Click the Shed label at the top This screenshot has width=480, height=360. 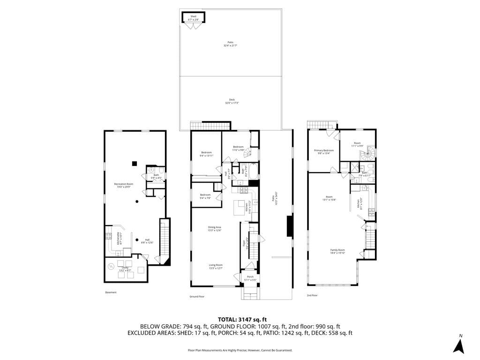[193, 18]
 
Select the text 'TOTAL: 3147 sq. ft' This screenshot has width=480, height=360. [240, 319]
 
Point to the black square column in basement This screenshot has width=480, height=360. [135, 163]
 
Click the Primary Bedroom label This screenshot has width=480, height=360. [323, 151]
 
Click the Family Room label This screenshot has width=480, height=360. [338, 251]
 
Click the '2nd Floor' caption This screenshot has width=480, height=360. [312, 296]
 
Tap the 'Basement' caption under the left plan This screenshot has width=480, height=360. [111, 292]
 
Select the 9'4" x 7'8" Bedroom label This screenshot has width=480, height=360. [205, 196]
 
